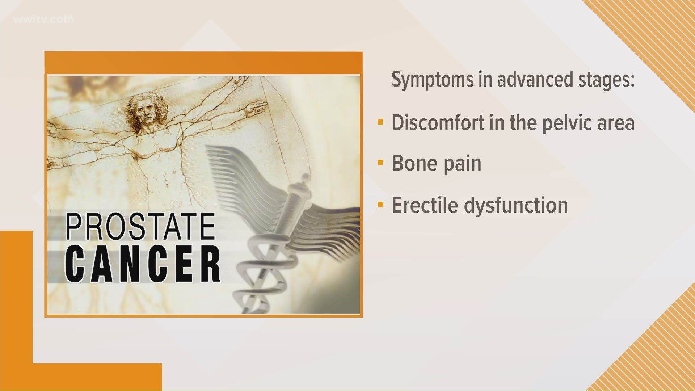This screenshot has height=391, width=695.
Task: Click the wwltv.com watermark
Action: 43,19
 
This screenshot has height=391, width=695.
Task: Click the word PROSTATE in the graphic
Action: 140,227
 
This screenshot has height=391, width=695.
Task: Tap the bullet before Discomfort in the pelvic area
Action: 380,122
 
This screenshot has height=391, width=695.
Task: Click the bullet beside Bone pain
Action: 380,163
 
